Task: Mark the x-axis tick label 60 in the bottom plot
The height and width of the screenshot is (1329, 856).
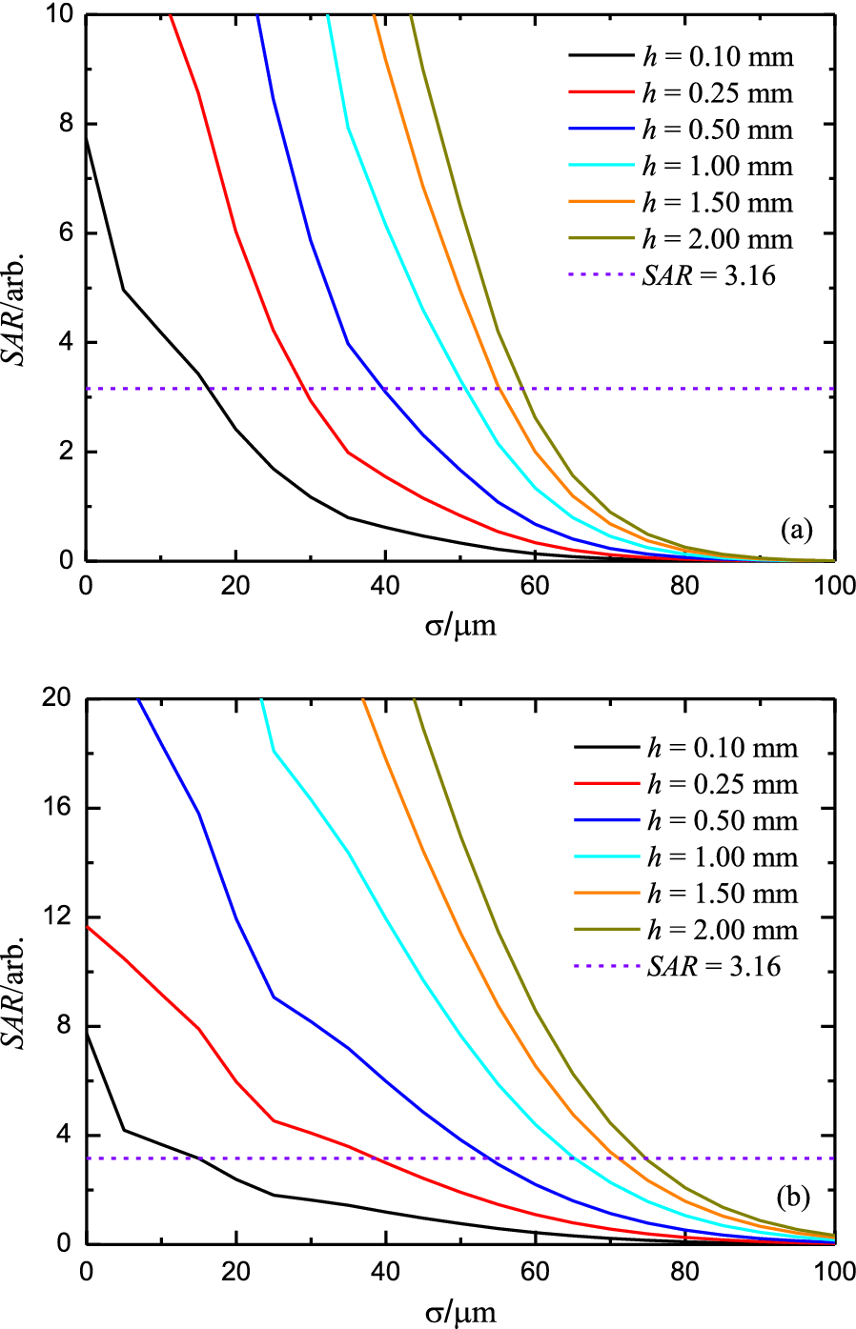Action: coord(535,1271)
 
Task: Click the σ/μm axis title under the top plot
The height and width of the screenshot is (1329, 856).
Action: coord(460,625)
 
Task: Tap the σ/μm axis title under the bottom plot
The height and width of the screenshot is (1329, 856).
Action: coord(460,1312)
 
